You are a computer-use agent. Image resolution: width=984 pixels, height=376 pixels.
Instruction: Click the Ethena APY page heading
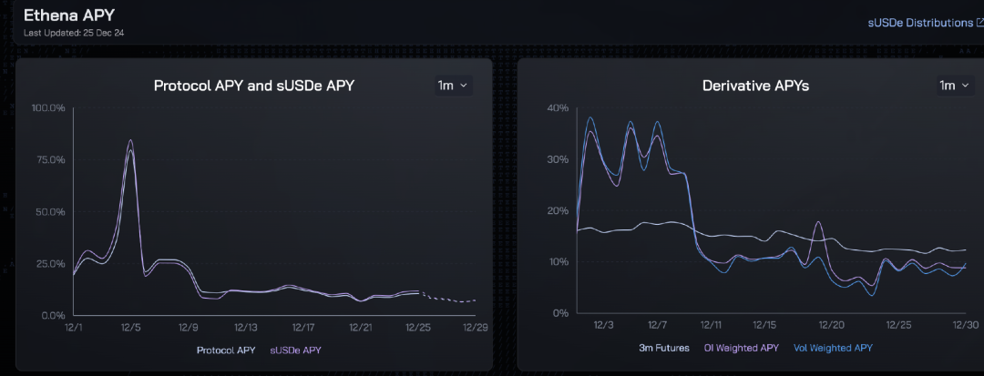[x=69, y=15]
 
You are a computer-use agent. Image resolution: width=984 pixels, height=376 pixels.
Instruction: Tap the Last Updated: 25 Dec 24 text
[x=75, y=34]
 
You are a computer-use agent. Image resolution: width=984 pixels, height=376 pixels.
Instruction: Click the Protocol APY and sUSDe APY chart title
[x=253, y=86]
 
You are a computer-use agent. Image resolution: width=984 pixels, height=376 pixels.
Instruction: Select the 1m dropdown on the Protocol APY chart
[x=453, y=86]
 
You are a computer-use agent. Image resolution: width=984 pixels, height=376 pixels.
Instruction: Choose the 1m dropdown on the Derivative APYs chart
[x=954, y=86]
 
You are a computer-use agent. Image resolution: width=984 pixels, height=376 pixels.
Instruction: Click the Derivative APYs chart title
[x=755, y=86]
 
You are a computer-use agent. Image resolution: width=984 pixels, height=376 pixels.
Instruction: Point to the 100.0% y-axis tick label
[x=48, y=108]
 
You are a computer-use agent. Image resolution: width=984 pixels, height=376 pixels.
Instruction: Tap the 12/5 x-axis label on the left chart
[x=130, y=327]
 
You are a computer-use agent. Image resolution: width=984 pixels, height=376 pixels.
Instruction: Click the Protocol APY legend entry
[x=227, y=350]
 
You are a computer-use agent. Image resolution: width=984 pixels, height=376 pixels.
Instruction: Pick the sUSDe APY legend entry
[x=296, y=350]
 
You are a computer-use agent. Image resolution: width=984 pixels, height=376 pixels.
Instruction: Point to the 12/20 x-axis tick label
[x=831, y=325]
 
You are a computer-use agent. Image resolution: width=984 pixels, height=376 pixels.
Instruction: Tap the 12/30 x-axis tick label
[x=966, y=325]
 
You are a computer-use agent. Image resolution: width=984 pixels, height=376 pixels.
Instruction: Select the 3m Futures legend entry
[x=663, y=348]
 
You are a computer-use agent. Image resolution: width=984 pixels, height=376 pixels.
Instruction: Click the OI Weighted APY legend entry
[x=742, y=348]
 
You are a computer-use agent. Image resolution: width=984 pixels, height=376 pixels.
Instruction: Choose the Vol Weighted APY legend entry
[x=833, y=348]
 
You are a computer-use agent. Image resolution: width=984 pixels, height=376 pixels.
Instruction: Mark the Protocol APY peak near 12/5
[x=130, y=140]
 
